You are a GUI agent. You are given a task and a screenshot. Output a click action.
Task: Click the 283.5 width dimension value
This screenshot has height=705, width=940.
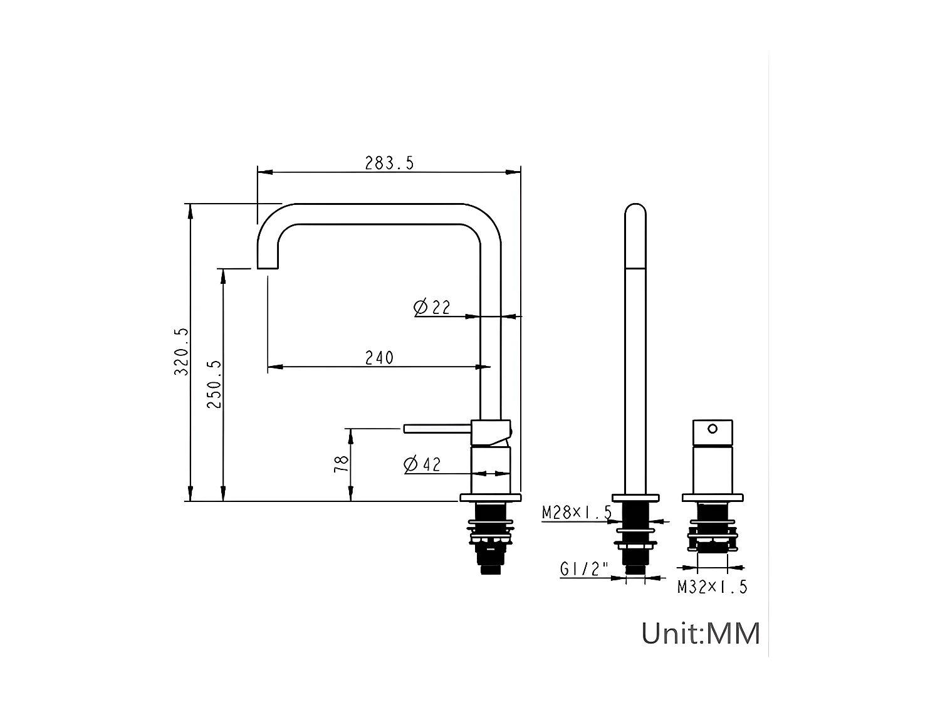pos(389,163)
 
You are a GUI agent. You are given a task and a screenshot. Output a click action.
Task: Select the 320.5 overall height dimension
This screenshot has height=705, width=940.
pos(181,352)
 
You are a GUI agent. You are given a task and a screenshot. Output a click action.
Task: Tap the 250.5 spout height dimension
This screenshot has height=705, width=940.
pos(214,384)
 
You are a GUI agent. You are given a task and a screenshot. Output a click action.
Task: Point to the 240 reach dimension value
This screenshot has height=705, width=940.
pos(379,358)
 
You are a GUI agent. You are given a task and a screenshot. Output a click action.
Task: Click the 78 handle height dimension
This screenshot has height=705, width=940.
pos(342,464)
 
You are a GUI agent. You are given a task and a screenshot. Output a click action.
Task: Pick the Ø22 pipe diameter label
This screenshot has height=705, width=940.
pos(432,307)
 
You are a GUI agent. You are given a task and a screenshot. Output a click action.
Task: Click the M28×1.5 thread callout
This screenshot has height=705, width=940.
pos(577,513)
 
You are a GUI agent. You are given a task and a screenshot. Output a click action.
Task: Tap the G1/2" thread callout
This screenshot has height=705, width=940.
pos(584,569)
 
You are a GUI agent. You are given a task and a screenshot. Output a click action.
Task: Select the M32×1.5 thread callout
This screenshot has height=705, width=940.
pos(712,587)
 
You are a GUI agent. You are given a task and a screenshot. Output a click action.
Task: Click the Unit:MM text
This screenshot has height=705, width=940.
pos(700,633)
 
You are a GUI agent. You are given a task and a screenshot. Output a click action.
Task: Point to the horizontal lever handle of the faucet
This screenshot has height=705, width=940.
pos(437,428)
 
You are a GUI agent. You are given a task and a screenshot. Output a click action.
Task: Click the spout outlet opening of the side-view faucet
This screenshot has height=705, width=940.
pos(268,268)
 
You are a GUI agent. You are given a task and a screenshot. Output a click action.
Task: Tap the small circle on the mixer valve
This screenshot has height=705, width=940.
pos(713,429)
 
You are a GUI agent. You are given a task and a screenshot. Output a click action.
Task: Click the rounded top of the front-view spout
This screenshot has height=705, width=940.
pos(635,211)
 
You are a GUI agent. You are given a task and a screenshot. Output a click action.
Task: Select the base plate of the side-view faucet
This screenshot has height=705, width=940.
pos(490,498)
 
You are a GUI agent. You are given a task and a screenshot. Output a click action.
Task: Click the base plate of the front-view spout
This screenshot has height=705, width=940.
pos(635,498)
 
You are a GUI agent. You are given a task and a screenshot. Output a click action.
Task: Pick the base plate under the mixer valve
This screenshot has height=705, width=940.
pos(713,498)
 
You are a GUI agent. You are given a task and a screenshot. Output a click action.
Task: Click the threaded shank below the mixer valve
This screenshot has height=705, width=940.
pos(713,530)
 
